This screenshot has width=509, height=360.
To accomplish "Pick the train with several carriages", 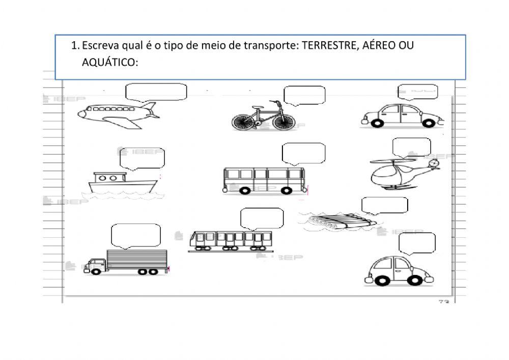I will [231, 241].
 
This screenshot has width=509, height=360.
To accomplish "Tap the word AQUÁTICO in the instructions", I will [109, 63].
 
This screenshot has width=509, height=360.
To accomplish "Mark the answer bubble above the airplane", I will [156, 91].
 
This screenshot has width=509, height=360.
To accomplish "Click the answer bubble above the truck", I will [136, 235].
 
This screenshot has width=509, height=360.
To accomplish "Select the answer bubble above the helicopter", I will [411, 147].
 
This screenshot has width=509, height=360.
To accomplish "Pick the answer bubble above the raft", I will [384, 205].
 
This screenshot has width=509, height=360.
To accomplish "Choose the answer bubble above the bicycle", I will [304, 95].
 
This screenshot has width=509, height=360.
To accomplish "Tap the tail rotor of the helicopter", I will [434, 163].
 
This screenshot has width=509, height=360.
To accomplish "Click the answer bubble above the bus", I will [303, 153].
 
